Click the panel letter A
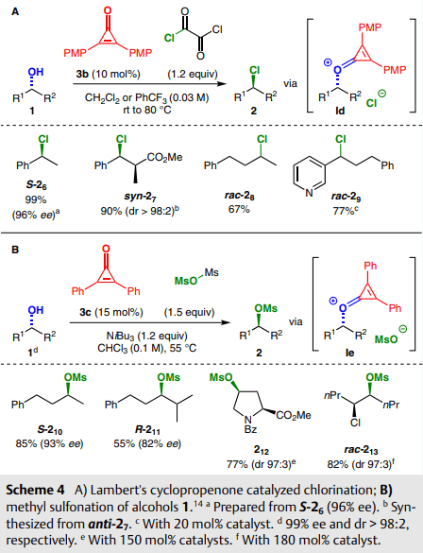point(15,12)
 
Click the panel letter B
point(15,250)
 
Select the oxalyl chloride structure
point(193,32)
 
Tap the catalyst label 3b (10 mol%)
point(109,74)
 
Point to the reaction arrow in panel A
point(149,84)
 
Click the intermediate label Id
point(340,111)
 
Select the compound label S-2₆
point(36,185)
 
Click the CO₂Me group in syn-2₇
point(164,157)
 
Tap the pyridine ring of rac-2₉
point(309,175)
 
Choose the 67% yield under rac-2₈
point(239,209)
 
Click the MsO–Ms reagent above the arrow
point(196,277)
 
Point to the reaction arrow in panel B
point(150,322)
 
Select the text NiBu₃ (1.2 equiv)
point(147,336)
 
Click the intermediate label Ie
point(349,353)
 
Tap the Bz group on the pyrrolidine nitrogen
point(249,429)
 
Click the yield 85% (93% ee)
point(49,443)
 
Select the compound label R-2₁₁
point(147,430)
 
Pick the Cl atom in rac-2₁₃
point(355,423)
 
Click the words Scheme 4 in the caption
point(35,490)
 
